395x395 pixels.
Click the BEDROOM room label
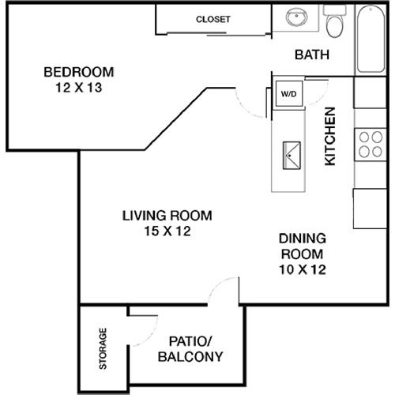(x=77, y=72)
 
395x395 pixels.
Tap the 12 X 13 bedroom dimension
(x=77, y=88)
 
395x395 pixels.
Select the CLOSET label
(x=213, y=19)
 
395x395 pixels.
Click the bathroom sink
(x=298, y=18)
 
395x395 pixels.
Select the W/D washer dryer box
(x=288, y=94)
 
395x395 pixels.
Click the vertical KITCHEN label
(x=331, y=136)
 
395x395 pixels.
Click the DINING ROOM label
(x=303, y=246)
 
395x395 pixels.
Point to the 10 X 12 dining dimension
(x=303, y=269)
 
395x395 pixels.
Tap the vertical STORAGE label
(x=103, y=348)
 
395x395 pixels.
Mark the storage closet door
(x=142, y=315)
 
